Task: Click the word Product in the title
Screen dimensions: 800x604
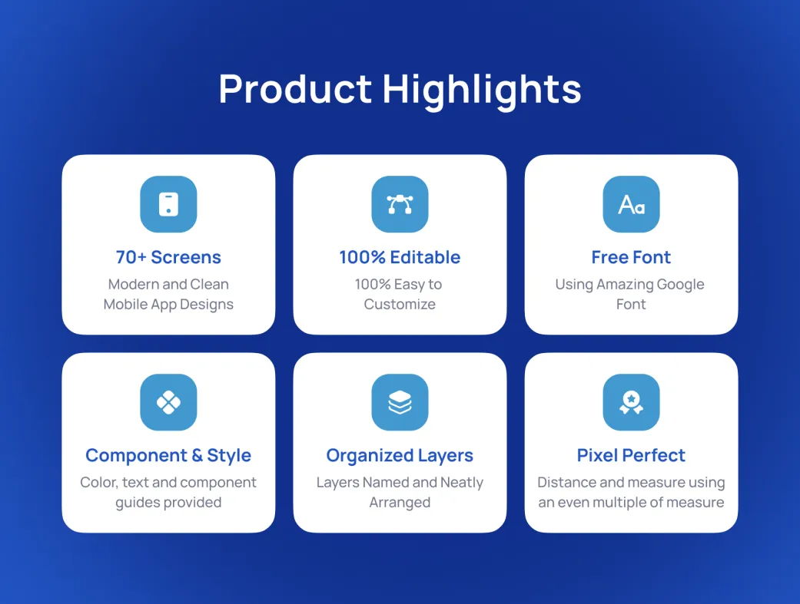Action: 295,89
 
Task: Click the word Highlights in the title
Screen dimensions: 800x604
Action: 482,91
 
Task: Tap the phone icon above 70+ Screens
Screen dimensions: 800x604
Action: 168,204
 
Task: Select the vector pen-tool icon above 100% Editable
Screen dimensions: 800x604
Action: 400,204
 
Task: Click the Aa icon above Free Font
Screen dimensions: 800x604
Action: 631,204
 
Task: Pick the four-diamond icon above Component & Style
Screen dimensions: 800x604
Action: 168,403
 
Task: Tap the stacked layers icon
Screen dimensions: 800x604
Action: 400,403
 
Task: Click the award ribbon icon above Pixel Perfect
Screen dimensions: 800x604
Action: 631,403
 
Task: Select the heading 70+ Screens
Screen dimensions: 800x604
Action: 168,257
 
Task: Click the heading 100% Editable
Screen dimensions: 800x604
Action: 400,257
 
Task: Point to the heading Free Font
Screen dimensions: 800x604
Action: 631,257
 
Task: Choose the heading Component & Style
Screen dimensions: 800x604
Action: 168,456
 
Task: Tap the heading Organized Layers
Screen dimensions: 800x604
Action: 400,456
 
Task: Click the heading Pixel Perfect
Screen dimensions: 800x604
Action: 631,456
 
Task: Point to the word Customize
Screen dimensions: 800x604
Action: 400,304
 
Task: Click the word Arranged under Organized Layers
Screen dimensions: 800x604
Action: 400,503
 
